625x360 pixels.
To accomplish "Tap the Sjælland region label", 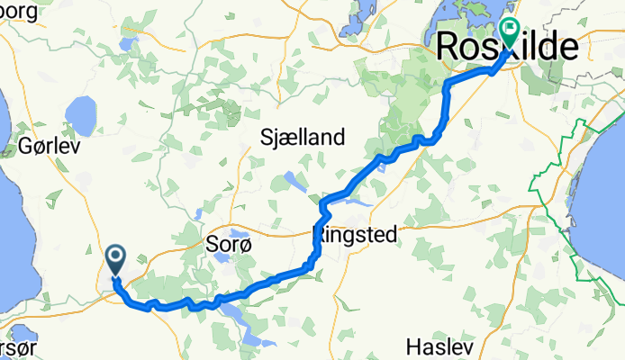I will (302, 138).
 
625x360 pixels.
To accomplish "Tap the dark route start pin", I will (116, 260).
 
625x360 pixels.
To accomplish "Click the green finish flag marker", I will (510, 33).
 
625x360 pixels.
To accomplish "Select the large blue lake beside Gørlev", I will (82, 113).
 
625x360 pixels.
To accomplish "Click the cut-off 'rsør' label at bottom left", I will (17, 347).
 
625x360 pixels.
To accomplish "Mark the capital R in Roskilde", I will (449, 47).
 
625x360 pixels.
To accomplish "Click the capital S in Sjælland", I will (265, 138).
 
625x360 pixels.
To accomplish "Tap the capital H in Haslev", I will (412, 346).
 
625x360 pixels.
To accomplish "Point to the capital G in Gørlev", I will (24, 145).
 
